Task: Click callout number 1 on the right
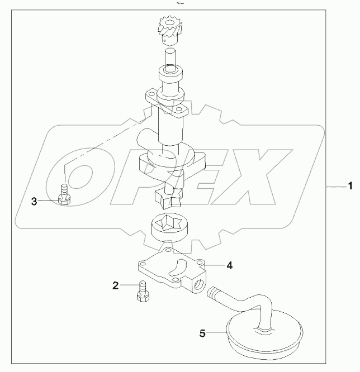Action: [350, 186]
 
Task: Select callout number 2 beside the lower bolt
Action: [116, 286]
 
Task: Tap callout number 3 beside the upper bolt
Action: [35, 201]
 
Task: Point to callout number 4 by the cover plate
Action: [229, 265]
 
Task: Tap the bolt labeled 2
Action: [141, 291]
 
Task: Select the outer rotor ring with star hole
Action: [168, 229]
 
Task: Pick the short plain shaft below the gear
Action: [170, 56]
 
